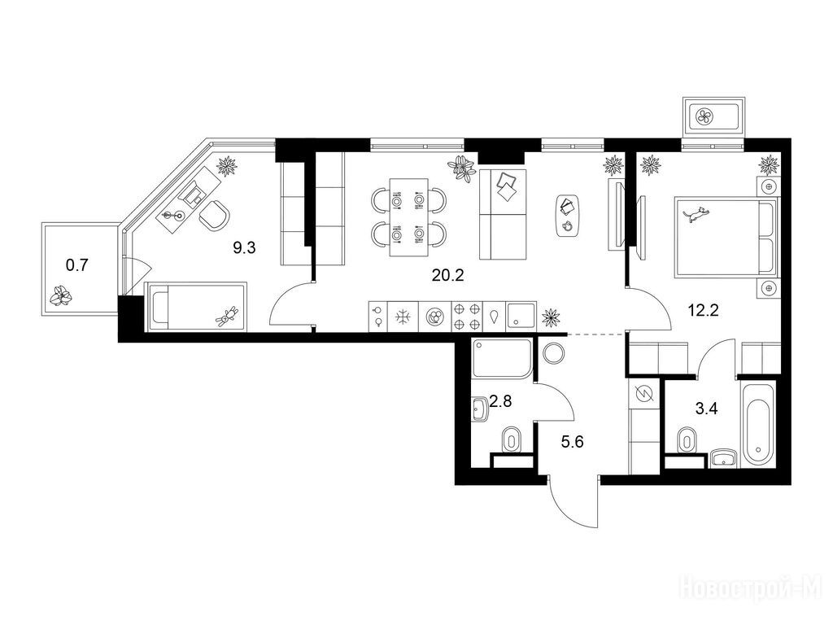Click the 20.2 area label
(x=448, y=275)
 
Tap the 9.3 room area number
(x=244, y=247)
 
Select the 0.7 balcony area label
(x=76, y=264)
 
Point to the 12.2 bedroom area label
(x=703, y=309)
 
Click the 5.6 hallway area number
(x=572, y=441)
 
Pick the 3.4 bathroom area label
(x=707, y=409)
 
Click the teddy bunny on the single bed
(x=227, y=316)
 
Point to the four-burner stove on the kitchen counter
(x=468, y=317)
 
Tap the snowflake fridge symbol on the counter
(x=403, y=317)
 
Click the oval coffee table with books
(x=567, y=214)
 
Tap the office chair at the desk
(x=214, y=215)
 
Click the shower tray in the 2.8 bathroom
(x=502, y=359)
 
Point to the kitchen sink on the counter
(x=521, y=317)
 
